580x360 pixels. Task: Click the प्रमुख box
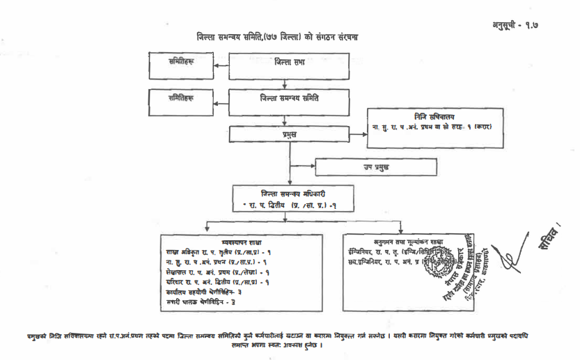(288, 133)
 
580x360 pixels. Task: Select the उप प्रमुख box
(376, 167)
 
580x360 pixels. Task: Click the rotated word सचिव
(548, 234)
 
